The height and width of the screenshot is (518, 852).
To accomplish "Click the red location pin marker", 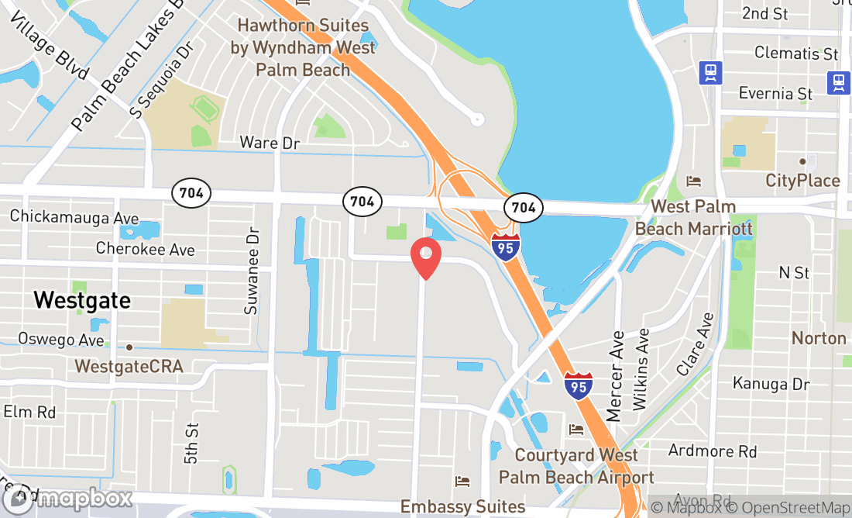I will click(425, 257).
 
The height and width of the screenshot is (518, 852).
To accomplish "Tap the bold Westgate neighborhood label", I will click(82, 300).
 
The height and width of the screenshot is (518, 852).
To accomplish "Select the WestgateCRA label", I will click(129, 365).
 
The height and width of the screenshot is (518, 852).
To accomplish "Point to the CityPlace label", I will click(802, 181).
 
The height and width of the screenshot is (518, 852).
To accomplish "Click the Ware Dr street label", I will click(270, 143).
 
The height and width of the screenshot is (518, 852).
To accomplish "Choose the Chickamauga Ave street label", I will click(74, 217).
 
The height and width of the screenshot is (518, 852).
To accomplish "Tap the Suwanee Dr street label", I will click(251, 271).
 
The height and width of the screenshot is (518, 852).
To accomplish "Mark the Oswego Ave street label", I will click(61, 340).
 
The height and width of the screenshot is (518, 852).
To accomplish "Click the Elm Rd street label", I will click(29, 412).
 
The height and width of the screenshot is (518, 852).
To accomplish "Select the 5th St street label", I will click(191, 443).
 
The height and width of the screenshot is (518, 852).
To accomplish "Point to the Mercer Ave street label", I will click(616, 376).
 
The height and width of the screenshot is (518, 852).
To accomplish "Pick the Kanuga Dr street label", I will click(771, 384).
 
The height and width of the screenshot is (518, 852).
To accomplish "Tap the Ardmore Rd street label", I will click(712, 451).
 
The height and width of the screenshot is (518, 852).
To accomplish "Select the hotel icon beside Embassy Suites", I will click(462, 482).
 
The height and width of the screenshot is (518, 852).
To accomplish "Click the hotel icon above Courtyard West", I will click(575, 429).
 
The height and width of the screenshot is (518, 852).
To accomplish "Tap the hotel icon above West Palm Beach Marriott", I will click(693, 181).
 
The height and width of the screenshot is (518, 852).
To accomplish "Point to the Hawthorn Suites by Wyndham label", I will click(303, 47).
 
